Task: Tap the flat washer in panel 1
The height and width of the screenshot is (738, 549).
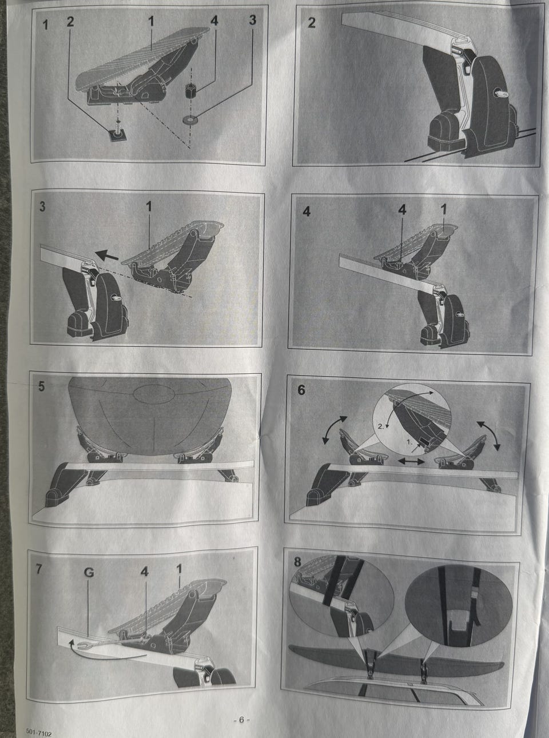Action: [x=190, y=119]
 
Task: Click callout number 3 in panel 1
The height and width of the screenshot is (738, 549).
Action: [x=253, y=21]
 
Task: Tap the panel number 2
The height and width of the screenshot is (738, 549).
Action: [x=312, y=23]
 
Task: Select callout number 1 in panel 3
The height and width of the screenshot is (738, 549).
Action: [x=149, y=207]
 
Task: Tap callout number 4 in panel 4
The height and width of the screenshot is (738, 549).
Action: [x=403, y=210]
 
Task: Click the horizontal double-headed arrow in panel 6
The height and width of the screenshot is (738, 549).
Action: [x=412, y=461]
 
